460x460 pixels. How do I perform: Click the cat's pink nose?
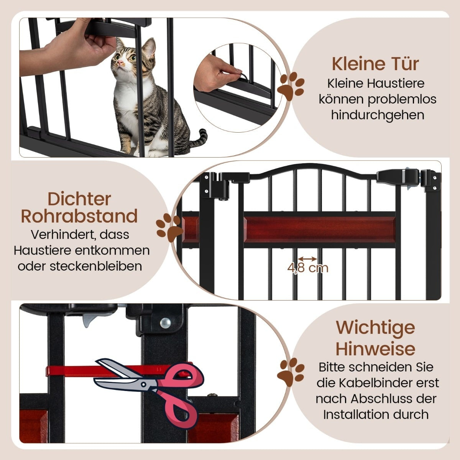(x=120, y=63)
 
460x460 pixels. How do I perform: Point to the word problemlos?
(x=402, y=100)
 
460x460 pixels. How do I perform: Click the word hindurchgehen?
(x=378, y=115)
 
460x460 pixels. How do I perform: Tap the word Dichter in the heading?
(x=79, y=199)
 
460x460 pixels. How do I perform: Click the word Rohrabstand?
(x=79, y=216)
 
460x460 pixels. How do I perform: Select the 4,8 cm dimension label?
(x=308, y=268)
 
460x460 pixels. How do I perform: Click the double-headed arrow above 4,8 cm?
(x=308, y=259)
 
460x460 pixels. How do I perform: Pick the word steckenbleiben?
(x=96, y=266)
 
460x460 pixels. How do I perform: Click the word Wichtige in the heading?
(x=376, y=328)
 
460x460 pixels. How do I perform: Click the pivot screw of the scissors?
(x=144, y=384)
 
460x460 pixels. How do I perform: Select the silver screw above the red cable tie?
(x=166, y=323)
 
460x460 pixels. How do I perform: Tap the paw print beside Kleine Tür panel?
(x=291, y=86)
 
